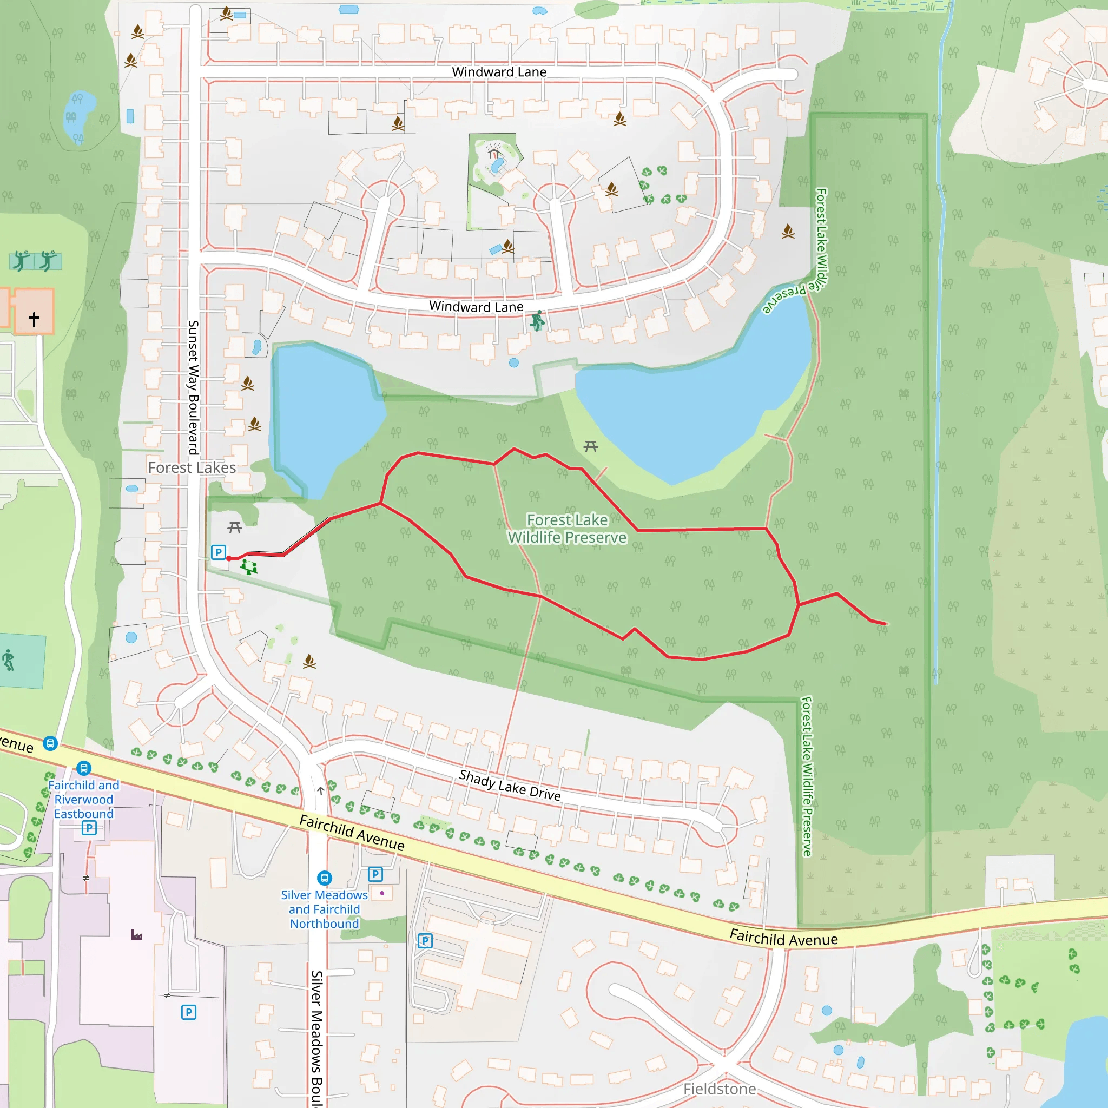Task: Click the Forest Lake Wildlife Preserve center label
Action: coord(567,528)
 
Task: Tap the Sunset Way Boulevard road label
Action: coord(193,387)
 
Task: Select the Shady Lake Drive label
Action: coord(509,785)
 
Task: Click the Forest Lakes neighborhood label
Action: coord(192,467)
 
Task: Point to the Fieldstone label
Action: coord(719,1089)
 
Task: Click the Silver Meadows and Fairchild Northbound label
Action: coord(325,909)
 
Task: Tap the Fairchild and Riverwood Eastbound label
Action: coord(84,799)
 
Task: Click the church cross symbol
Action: coord(35,319)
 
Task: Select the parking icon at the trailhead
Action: coord(218,552)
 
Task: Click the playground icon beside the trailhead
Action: coord(249,567)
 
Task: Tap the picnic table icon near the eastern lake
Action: coord(591,446)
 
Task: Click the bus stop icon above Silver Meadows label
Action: coord(324,878)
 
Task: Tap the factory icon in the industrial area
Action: coord(136,935)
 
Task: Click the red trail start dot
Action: coord(229,558)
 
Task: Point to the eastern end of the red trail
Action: coord(886,623)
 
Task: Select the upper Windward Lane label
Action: coord(499,72)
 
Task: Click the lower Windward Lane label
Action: coord(476,306)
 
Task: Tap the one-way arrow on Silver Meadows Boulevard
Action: coord(321,791)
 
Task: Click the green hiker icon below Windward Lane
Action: coord(537,321)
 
